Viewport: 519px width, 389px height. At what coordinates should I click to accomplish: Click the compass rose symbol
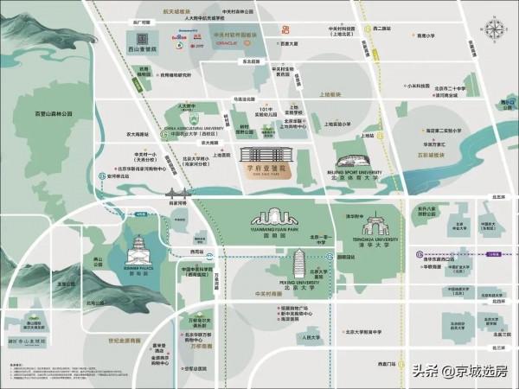tap(494, 28)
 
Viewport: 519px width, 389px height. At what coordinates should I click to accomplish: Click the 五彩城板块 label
tap(429, 156)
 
